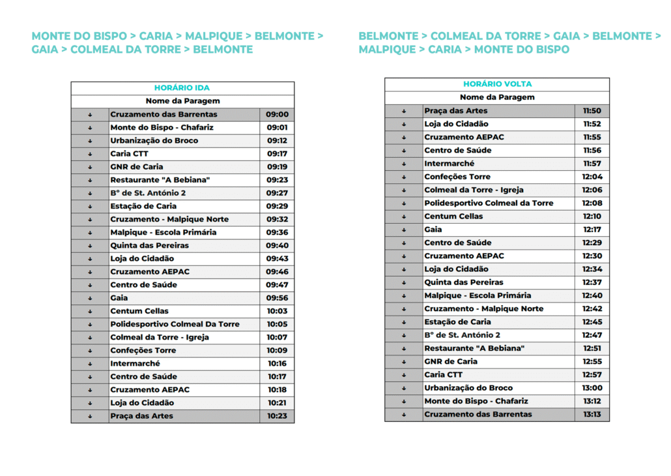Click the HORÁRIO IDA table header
click(182, 88)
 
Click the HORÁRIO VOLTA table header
click(497, 84)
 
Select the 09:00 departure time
click(277, 114)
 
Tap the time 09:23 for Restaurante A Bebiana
click(277, 180)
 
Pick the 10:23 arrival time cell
click(277, 416)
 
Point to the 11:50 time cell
click(592, 111)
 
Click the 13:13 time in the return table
click(592, 414)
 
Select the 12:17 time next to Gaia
click(592, 230)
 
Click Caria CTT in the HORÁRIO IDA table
click(129, 154)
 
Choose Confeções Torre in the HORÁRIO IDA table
click(143, 350)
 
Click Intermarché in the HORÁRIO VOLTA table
click(449, 164)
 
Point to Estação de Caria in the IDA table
click(143, 206)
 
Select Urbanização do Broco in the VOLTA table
click(468, 388)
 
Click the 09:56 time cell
click(277, 298)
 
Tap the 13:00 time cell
click(592, 388)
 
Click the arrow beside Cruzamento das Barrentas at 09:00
click(90, 115)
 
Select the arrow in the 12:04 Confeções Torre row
click(404, 177)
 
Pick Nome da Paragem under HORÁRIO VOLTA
click(497, 97)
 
